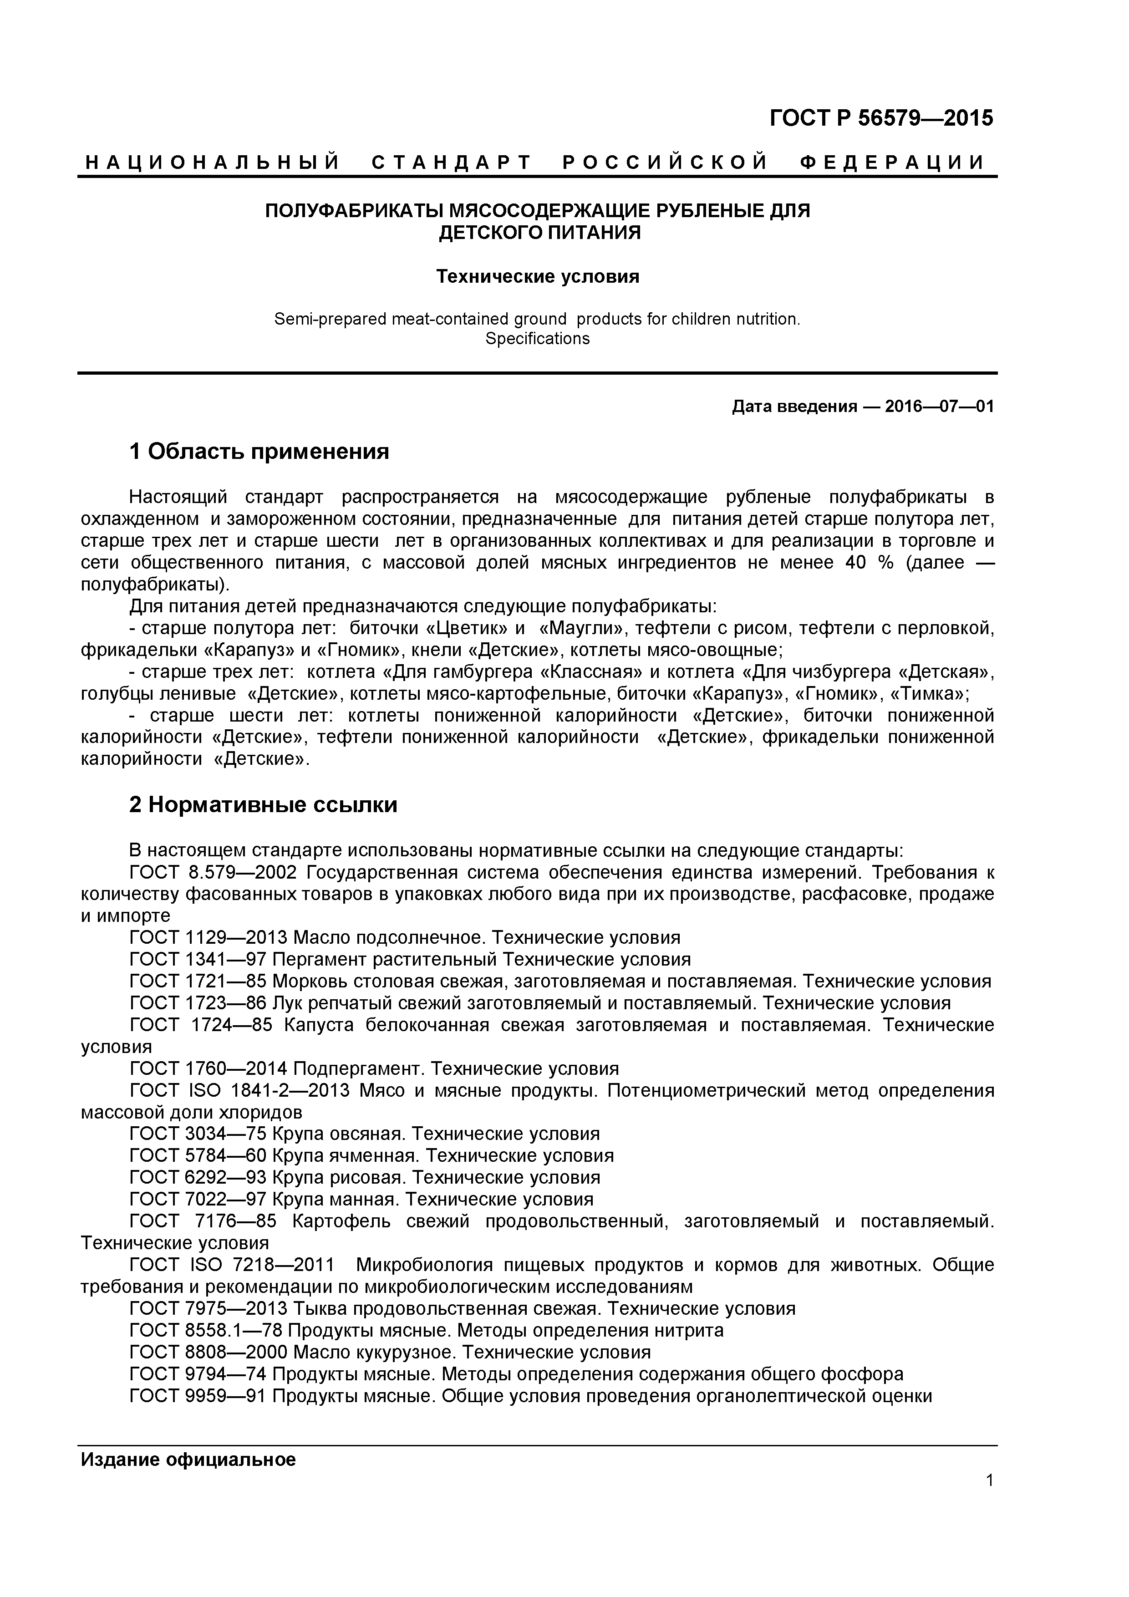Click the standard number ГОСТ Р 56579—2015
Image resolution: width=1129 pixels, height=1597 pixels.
click(x=881, y=118)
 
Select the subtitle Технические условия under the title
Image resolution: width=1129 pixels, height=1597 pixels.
click(x=537, y=277)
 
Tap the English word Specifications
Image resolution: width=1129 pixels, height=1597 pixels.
click(x=537, y=339)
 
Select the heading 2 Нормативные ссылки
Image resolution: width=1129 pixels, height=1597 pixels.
click(x=263, y=805)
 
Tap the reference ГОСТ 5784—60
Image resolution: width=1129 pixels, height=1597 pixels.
click(x=198, y=1156)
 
